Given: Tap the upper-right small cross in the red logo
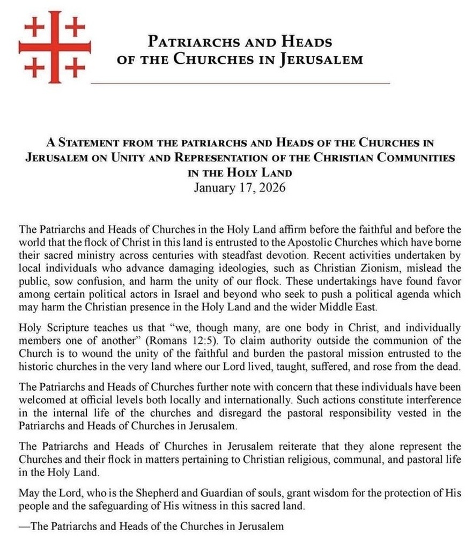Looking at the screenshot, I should click(76, 25).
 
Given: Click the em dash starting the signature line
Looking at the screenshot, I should click(24, 526).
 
